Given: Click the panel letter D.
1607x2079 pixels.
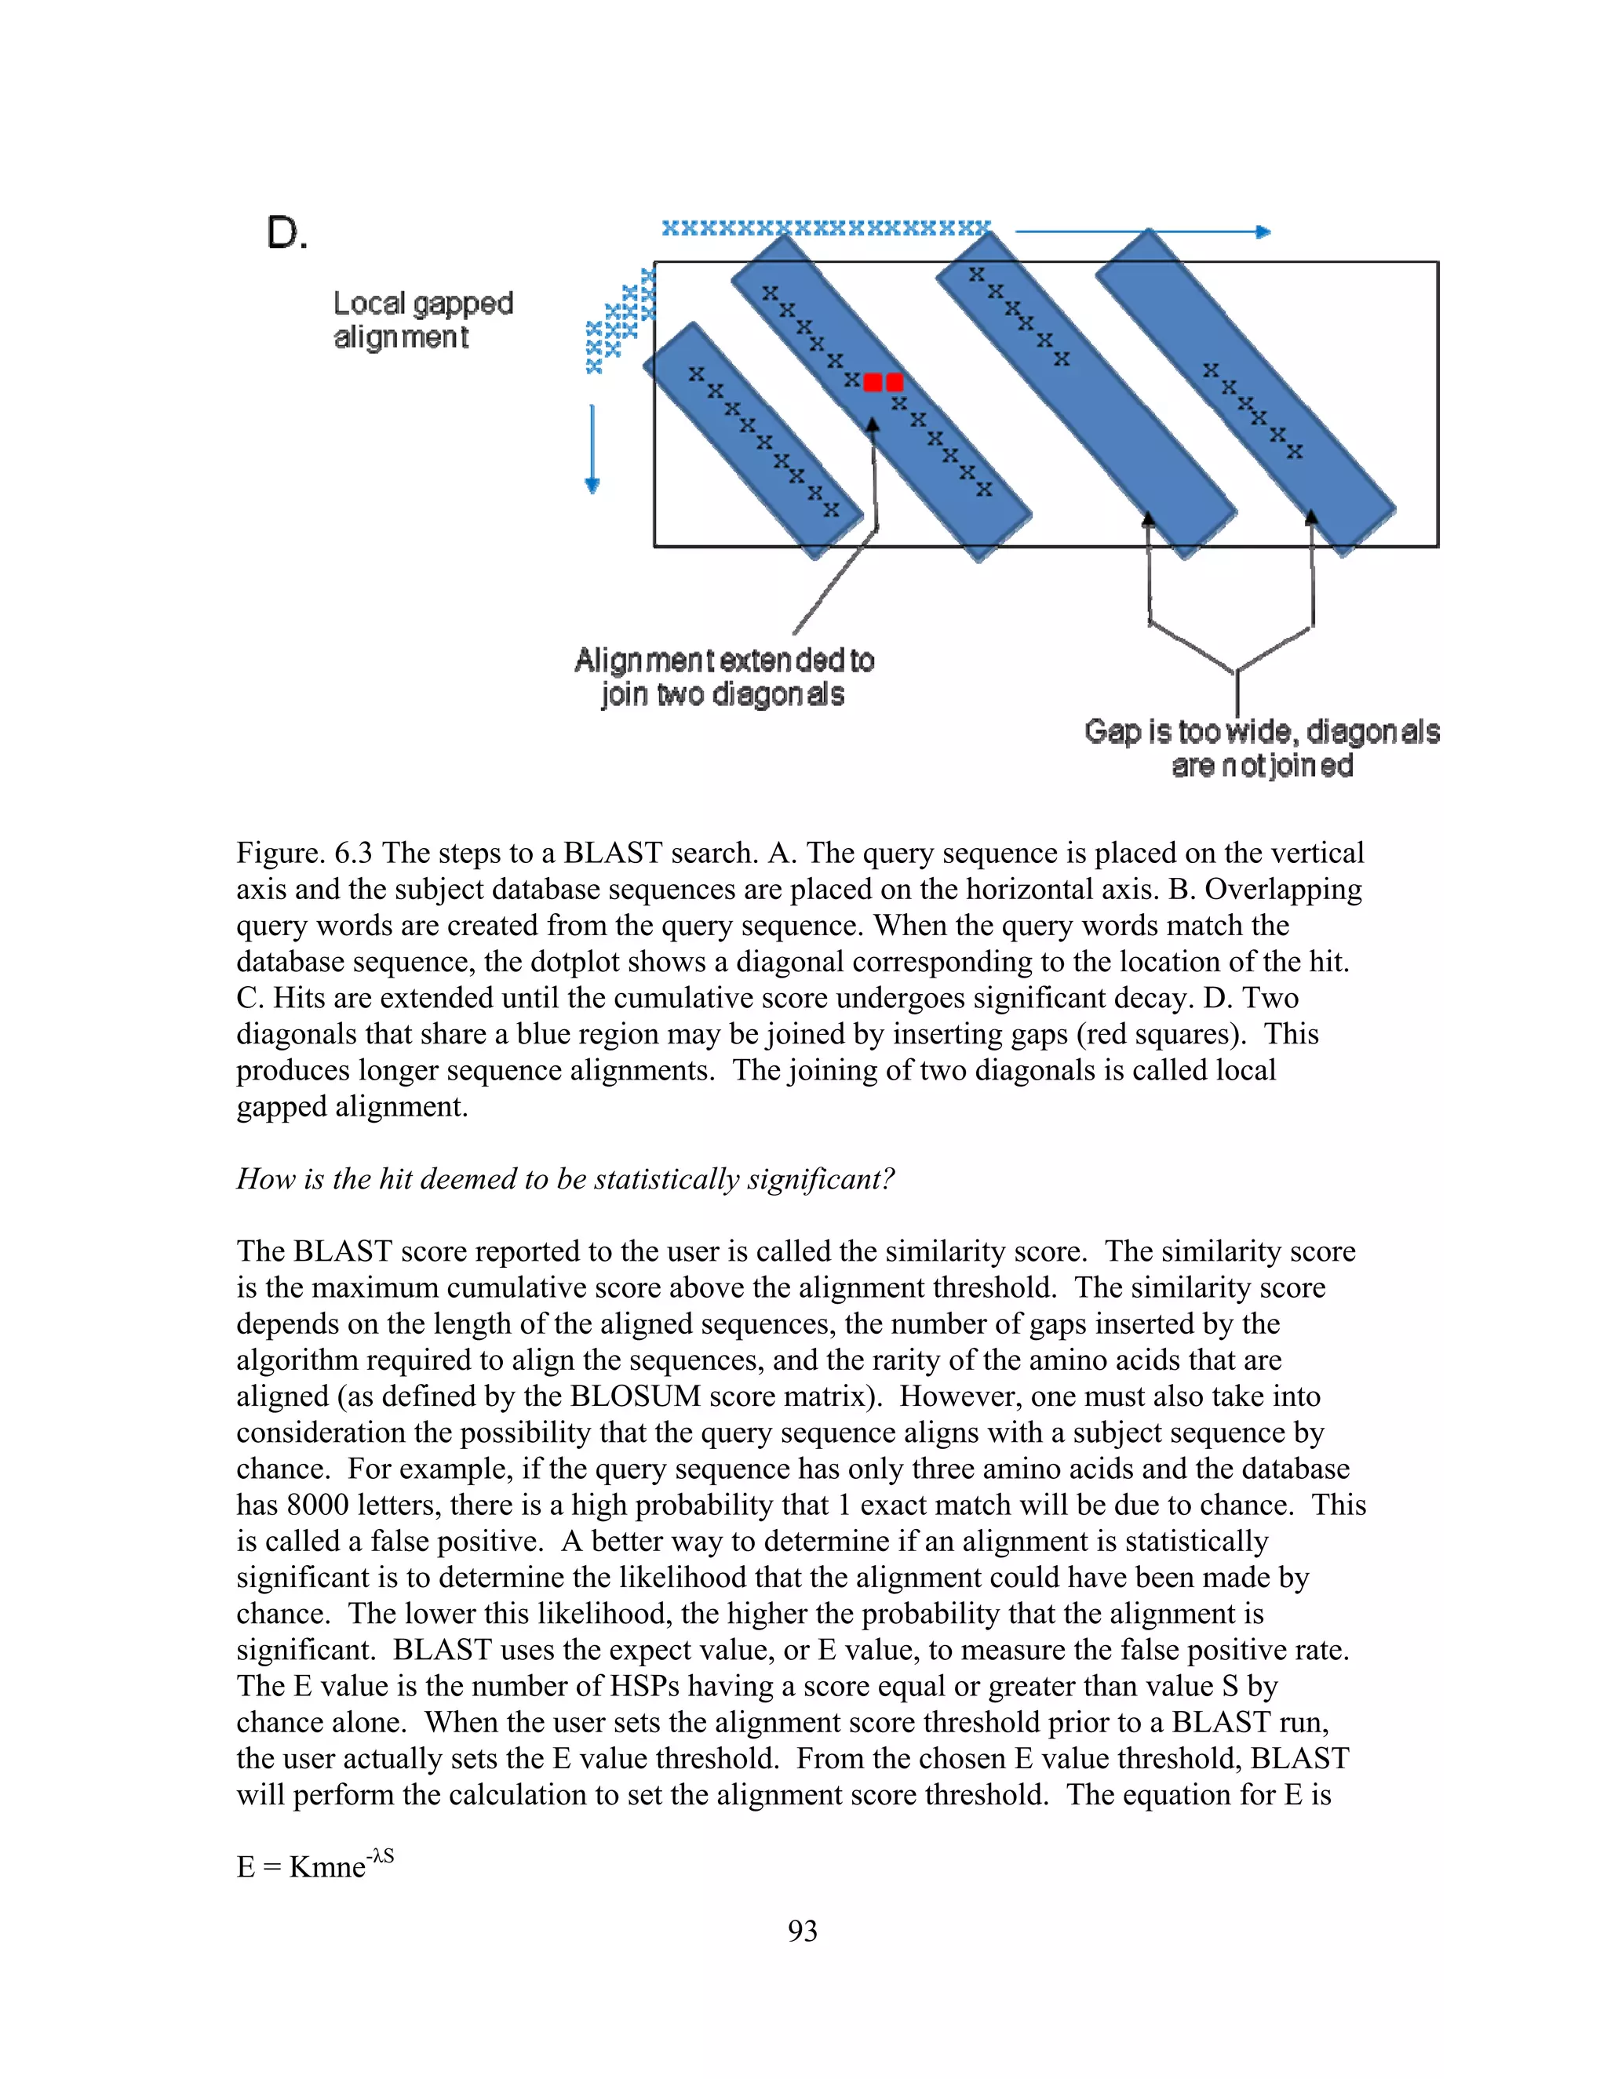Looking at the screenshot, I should click(286, 232).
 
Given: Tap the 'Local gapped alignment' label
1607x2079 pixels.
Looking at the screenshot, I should click(423, 320).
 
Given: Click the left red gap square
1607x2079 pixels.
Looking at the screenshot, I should click(872, 383).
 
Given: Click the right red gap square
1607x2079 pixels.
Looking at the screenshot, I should click(894, 383).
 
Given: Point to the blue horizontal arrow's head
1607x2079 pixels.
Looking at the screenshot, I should click(1263, 231).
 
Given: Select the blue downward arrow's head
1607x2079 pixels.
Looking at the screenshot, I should click(592, 486).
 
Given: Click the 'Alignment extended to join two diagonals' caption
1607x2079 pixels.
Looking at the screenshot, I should click(723, 677).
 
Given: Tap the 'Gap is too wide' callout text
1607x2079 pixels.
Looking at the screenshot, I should click(1262, 748).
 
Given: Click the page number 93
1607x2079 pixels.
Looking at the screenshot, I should click(803, 1931).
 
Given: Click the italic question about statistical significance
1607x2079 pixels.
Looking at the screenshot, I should click(566, 1179).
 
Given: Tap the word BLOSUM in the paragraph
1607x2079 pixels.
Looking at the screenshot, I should click(635, 1396).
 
